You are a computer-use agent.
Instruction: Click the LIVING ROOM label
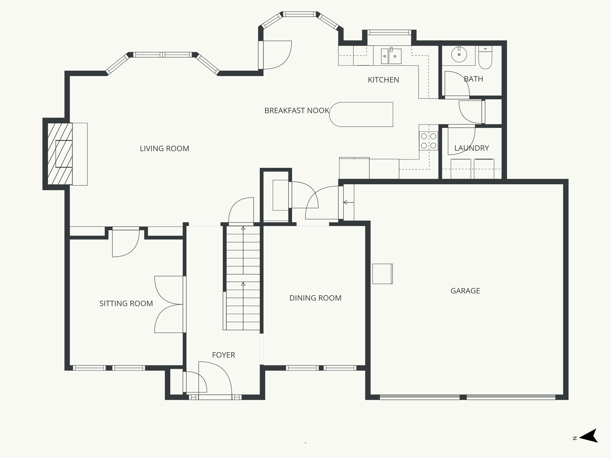click(164, 148)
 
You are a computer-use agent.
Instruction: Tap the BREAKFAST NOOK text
click(297, 111)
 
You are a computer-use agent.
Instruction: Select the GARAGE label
click(465, 291)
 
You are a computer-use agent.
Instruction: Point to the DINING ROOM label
click(315, 298)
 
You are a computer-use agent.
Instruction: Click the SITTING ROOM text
click(126, 304)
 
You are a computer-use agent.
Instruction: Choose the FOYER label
click(223, 355)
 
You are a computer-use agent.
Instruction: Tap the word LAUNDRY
click(471, 148)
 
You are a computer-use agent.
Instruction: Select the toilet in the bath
click(485, 58)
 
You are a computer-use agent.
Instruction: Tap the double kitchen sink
click(391, 56)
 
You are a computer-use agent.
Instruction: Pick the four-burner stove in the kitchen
click(428, 141)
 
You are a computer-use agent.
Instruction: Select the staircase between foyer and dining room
click(243, 277)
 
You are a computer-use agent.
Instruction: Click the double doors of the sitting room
click(169, 304)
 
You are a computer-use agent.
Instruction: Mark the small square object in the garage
click(382, 274)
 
